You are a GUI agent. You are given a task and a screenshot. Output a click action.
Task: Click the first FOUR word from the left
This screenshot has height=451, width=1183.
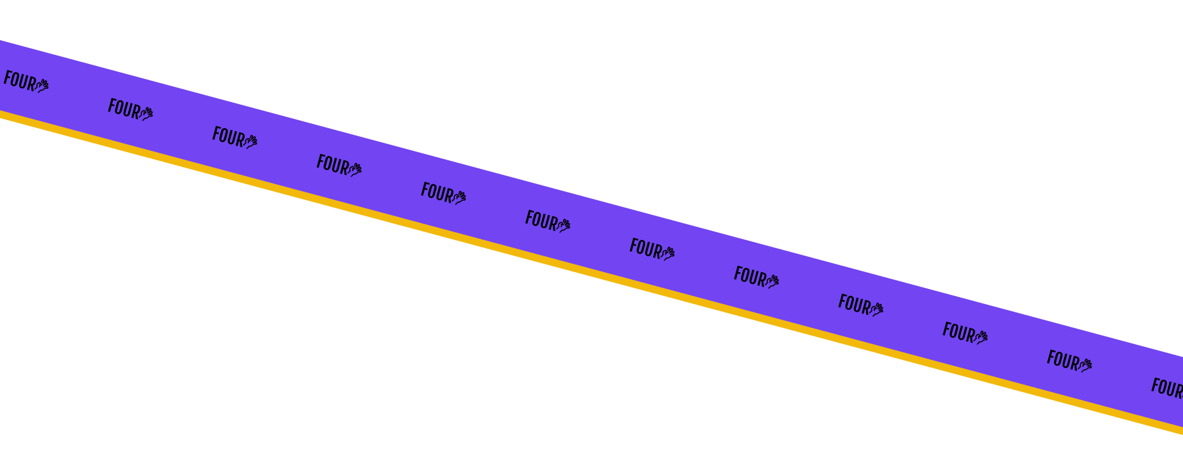pos(19,81)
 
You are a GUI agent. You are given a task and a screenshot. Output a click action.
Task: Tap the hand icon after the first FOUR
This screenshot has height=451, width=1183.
pos(42,85)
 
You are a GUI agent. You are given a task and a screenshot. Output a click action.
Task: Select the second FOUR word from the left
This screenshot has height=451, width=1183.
pos(123,108)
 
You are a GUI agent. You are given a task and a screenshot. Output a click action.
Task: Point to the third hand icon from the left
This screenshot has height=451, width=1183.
pos(251,142)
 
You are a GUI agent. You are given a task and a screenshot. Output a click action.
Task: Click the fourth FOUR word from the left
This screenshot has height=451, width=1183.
pos(332,165)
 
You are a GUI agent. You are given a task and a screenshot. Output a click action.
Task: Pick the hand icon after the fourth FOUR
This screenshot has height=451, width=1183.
pos(355,169)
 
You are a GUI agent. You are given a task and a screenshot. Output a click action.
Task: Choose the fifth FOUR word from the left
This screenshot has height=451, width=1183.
pos(436,192)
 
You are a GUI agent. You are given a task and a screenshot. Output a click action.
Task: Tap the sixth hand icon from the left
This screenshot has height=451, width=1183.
pos(564,225)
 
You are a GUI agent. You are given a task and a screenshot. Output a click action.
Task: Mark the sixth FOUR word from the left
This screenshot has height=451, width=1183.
pos(540,220)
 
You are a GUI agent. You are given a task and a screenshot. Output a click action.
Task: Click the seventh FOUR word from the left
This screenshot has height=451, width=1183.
pos(645,248)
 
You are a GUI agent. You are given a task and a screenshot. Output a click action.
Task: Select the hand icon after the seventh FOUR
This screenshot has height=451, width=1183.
pos(668,253)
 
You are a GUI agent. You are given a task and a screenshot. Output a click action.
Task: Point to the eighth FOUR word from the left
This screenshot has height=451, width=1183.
pos(749,276)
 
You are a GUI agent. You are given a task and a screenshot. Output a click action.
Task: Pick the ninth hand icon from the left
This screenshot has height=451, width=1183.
pos(877,309)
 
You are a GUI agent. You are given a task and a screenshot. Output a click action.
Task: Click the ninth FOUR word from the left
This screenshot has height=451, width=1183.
pos(853,304)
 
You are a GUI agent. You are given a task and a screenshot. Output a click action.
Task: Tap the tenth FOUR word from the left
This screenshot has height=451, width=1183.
pos(958,332)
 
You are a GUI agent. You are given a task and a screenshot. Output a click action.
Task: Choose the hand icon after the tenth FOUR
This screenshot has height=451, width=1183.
pos(981,337)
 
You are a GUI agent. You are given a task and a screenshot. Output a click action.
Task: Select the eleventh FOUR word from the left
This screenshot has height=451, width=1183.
pos(1062,360)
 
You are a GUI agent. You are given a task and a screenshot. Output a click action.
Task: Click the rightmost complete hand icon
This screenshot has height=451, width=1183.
pos(1085,365)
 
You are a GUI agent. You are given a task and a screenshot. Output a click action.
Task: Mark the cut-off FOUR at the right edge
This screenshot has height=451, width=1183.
pos(1167,388)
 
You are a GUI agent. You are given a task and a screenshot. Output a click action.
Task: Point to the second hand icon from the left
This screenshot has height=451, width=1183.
pos(146,113)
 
